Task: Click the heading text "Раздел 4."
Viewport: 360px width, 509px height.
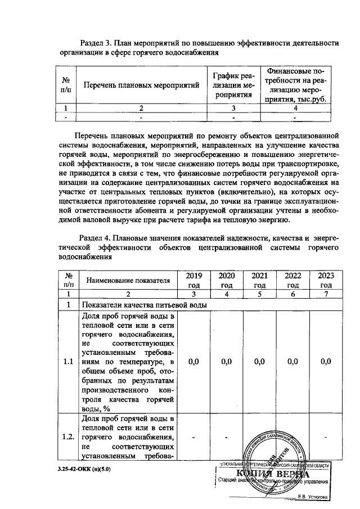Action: point(98,238)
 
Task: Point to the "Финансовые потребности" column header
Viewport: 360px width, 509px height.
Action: point(296,85)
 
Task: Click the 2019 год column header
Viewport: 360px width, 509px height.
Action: point(194,280)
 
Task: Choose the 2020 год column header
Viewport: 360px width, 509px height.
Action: point(227,280)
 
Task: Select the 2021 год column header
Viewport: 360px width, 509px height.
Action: point(259,280)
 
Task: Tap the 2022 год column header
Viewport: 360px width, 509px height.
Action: point(292,280)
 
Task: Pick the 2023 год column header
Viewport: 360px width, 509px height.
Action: point(326,280)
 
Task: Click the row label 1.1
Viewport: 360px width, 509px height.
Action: point(68,362)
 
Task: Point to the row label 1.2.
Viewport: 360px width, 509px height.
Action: point(68,436)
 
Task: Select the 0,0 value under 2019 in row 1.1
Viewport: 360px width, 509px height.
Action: point(194,362)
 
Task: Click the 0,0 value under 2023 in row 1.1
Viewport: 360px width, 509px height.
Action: point(326,362)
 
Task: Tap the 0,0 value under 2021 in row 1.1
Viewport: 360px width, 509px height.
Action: point(259,362)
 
